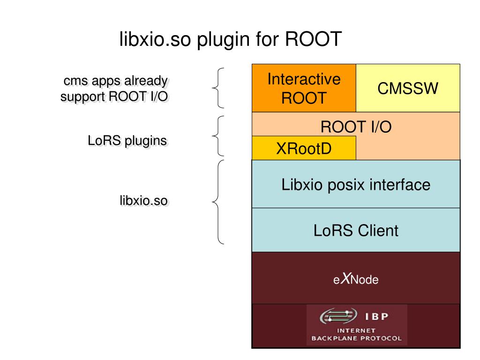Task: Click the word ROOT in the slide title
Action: pos(313,39)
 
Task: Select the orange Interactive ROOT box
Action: pos(304,88)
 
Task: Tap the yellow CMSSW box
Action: pos(408,88)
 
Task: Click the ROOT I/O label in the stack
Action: pos(356,127)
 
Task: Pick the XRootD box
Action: pos(304,148)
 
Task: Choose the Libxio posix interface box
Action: pos(356,184)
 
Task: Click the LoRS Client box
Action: pos(356,230)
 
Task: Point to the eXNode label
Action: pos(356,279)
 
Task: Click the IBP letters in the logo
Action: pos(376,316)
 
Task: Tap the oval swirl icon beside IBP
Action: pos(338,316)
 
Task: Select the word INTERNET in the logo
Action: pos(356,330)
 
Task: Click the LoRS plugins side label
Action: pos(127,141)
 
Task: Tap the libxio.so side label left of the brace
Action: pos(143,201)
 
